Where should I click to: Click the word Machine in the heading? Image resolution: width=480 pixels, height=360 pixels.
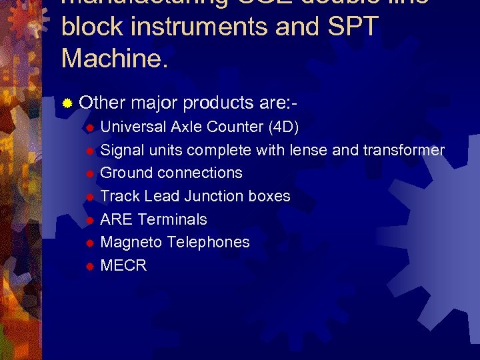click(114, 58)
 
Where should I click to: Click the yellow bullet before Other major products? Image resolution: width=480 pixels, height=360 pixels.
click(67, 104)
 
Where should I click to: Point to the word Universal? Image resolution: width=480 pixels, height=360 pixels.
click(133, 127)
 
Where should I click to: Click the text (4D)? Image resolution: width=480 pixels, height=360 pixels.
click(283, 127)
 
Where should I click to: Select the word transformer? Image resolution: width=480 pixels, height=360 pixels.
click(404, 150)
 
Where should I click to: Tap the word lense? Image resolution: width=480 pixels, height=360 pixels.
click(309, 150)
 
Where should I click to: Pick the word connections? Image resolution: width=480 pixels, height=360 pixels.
click(199, 173)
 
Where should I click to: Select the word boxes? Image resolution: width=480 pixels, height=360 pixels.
click(269, 196)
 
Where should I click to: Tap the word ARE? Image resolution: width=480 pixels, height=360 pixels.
click(115, 219)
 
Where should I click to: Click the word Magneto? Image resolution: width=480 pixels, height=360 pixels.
click(129, 242)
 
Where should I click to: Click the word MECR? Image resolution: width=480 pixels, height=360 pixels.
click(123, 265)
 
